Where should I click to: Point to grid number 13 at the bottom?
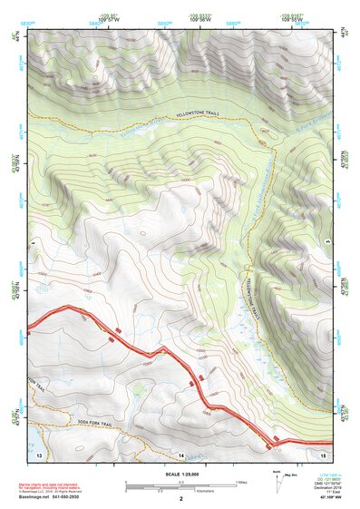[x=39, y=454]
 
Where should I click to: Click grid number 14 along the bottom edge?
[x=180, y=454]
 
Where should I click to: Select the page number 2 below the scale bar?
[x=180, y=498]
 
